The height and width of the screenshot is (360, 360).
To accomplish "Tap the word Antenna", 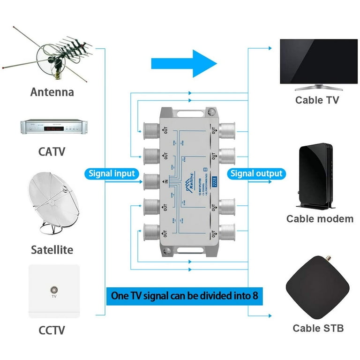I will pos(52,92).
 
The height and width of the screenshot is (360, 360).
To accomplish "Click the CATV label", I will pos(52,151).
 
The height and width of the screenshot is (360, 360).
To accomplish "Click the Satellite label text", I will pos(52,250).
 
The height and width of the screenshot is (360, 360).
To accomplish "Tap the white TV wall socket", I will pos(54,291).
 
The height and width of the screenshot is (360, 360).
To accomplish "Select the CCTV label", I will pos(52,330).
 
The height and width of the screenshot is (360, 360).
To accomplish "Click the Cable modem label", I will pos(320,218).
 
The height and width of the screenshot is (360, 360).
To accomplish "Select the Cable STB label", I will pos(318,328).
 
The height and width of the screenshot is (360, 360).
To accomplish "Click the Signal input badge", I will pos(112,173).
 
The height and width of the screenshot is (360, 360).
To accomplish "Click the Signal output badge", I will pos(256,173).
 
